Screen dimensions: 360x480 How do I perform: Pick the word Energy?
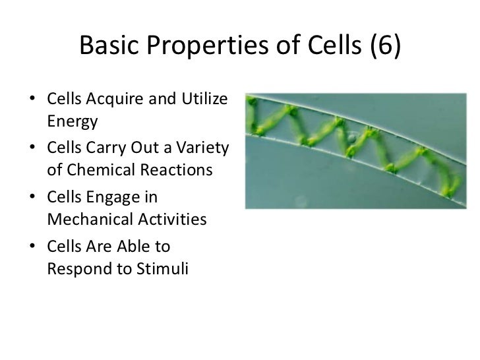click(x=73, y=122)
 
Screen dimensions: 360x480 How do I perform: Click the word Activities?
click(x=172, y=219)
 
